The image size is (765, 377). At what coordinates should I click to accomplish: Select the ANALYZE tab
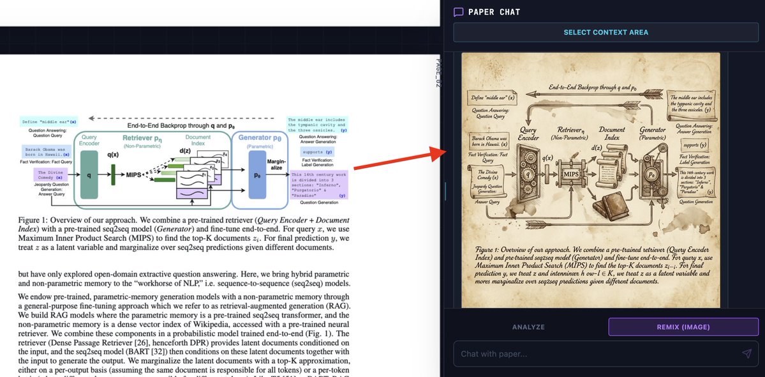pyautogui.click(x=528, y=327)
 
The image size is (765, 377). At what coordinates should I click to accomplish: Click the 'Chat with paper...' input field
pyautogui.click(x=593, y=354)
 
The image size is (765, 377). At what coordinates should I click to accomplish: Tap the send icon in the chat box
pyautogui.click(x=746, y=354)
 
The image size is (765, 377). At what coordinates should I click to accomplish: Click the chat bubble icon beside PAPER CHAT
pyautogui.click(x=458, y=12)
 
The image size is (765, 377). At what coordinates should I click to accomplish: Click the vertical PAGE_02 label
pyautogui.click(x=438, y=73)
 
